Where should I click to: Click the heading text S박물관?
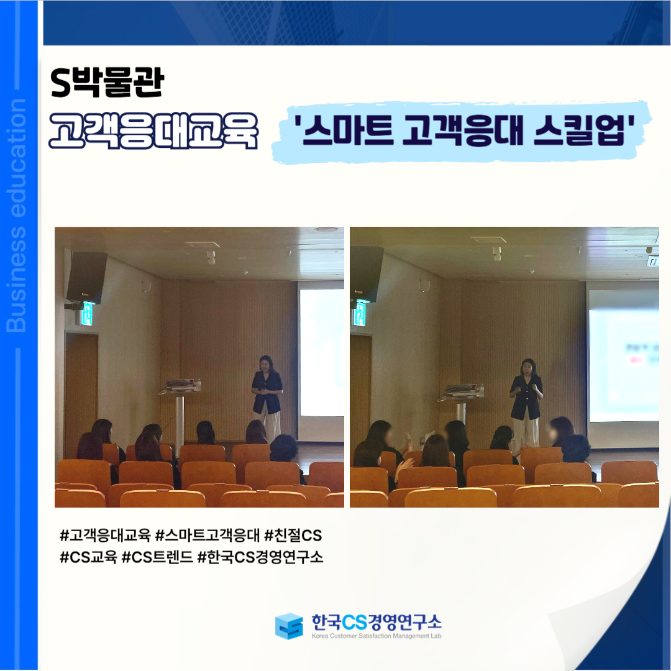(107, 82)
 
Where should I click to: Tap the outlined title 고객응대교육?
(153, 131)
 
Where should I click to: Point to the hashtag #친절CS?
(293, 536)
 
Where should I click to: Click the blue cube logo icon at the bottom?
(289, 626)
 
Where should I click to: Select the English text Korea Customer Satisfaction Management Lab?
(377, 636)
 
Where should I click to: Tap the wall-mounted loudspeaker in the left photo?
(86, 277)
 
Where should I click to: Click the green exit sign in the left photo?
(87, 314)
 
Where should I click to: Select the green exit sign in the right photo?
(360, 313)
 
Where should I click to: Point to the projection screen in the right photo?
(624, 356)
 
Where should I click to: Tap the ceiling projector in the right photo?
(496, 253)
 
